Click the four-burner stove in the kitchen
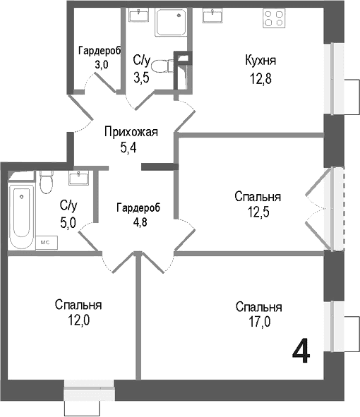274,18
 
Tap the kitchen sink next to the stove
212,15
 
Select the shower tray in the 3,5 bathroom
171,23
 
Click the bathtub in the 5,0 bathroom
22,216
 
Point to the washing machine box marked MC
47,242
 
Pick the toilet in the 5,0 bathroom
47,182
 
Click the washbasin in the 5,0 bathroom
78,178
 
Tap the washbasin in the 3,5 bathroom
138,15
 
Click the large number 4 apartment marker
301,351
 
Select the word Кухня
260,61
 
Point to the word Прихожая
131,132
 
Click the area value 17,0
259,322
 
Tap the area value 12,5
258,212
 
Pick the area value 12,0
78,320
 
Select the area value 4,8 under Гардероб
140,222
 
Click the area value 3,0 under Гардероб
102,64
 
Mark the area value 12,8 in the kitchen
260,78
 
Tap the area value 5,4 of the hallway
128,147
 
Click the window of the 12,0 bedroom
89,389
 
